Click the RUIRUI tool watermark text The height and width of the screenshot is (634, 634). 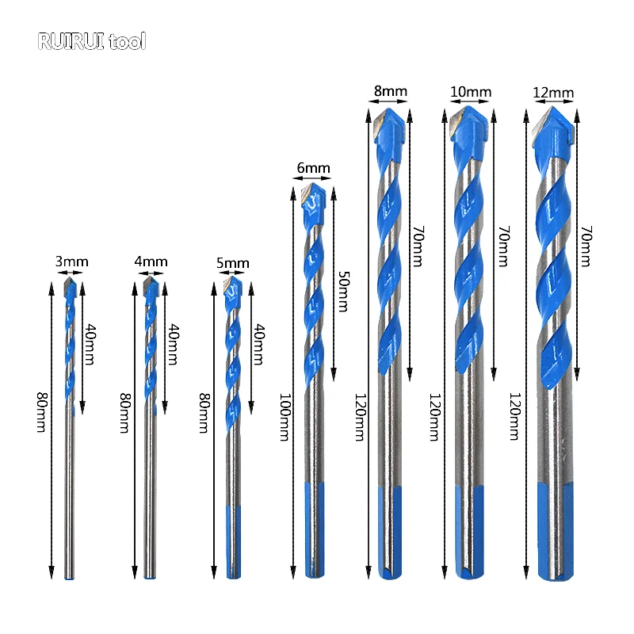point(92,41)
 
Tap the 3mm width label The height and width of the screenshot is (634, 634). point(72,261)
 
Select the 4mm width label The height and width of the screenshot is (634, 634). point(151,261)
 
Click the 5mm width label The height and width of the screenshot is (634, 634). point(232,263)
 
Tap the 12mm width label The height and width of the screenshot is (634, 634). point(553,93)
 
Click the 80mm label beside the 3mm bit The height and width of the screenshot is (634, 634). point(41,413)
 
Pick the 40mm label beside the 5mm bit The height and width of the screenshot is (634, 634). point(258,344)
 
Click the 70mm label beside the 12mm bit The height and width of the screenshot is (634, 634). point(586,246)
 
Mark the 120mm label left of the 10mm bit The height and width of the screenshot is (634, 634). point(433,418)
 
